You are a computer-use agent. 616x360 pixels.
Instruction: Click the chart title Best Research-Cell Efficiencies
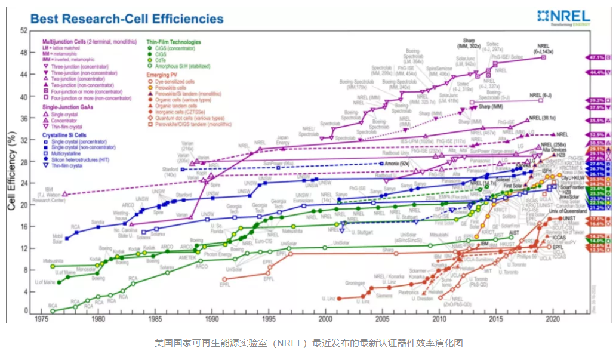pos(127,19)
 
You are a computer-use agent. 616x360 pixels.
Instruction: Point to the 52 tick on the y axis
pos(23,30)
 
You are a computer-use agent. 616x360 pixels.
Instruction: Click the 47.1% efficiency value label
pos(597,57)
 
